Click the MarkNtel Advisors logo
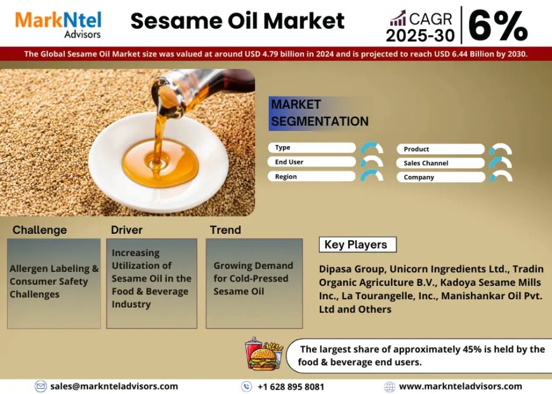58,23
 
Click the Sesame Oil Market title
237,22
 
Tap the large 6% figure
499,25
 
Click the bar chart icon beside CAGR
398,18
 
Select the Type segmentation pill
312,147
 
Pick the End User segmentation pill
312,162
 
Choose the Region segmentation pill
312,177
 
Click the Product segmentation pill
441,149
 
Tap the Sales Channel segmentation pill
441,163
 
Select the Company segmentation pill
441,177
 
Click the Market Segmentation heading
319,112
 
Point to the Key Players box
357,245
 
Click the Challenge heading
39,230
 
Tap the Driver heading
127,230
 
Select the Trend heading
225,230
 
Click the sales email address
114,386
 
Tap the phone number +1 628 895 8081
291,386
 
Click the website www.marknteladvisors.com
460,386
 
